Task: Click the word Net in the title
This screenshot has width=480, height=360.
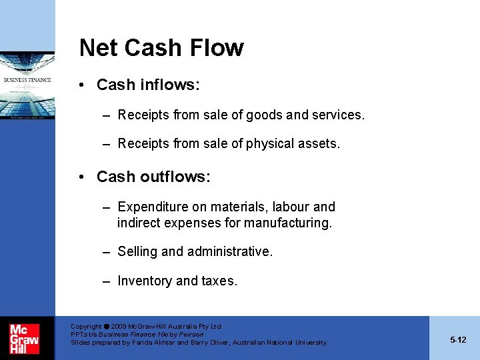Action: [99, 48]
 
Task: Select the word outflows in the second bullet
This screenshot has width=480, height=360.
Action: [177, 177]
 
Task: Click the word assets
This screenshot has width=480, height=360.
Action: [320, 143]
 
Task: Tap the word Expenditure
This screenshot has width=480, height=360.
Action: [153, 207]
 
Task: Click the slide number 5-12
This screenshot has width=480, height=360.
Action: [458, 340]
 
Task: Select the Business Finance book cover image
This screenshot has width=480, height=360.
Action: [27, 85]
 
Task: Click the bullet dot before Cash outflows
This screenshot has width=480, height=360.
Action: [81, 177]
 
